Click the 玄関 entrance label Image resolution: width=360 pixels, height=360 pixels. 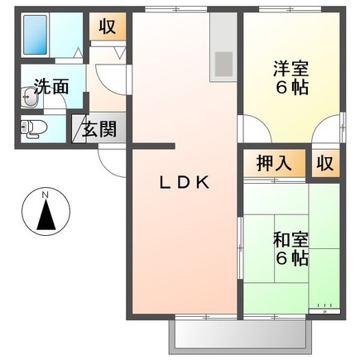pos(101,130)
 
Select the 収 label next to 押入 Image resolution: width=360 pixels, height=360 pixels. pos(324,163)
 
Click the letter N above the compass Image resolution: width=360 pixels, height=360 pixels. pos(46,196)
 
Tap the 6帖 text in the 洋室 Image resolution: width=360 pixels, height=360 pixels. pos(291,87)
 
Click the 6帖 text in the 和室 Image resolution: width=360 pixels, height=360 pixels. pos(291,258)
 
